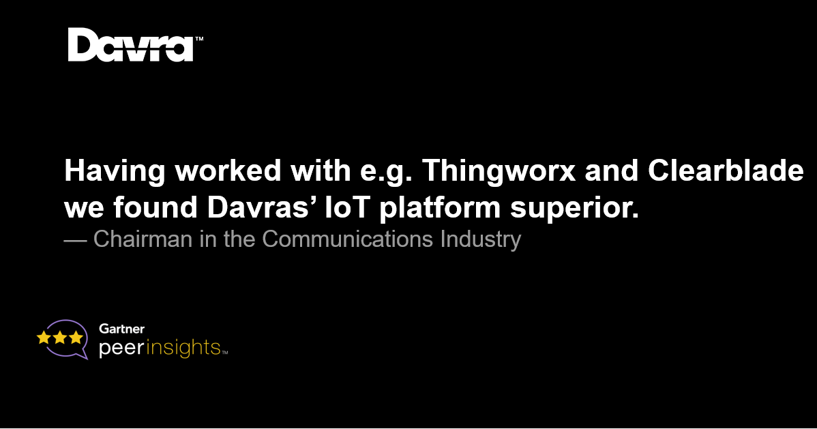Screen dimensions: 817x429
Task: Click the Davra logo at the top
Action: tap(131, 45)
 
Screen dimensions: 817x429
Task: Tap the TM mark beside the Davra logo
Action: tap(199, 39)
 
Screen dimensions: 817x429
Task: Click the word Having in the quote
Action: tap(115, 171)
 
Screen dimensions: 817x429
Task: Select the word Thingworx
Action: tap(499, 171)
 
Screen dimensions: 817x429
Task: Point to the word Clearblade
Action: tap(726, 171)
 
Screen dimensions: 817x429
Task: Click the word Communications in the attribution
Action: tap(348, 239)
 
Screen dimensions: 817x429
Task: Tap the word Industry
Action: tap(480, 240)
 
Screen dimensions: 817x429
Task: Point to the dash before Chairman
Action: tap(75, 241)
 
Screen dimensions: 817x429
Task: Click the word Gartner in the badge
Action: tap(121, 329)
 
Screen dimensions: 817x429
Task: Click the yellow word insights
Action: tap(183, 348)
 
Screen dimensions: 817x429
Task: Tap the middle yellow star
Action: tap(60, 338)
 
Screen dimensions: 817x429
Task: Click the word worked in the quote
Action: tap(228, 171)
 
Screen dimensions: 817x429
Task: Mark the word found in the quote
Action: tap(155, 207)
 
